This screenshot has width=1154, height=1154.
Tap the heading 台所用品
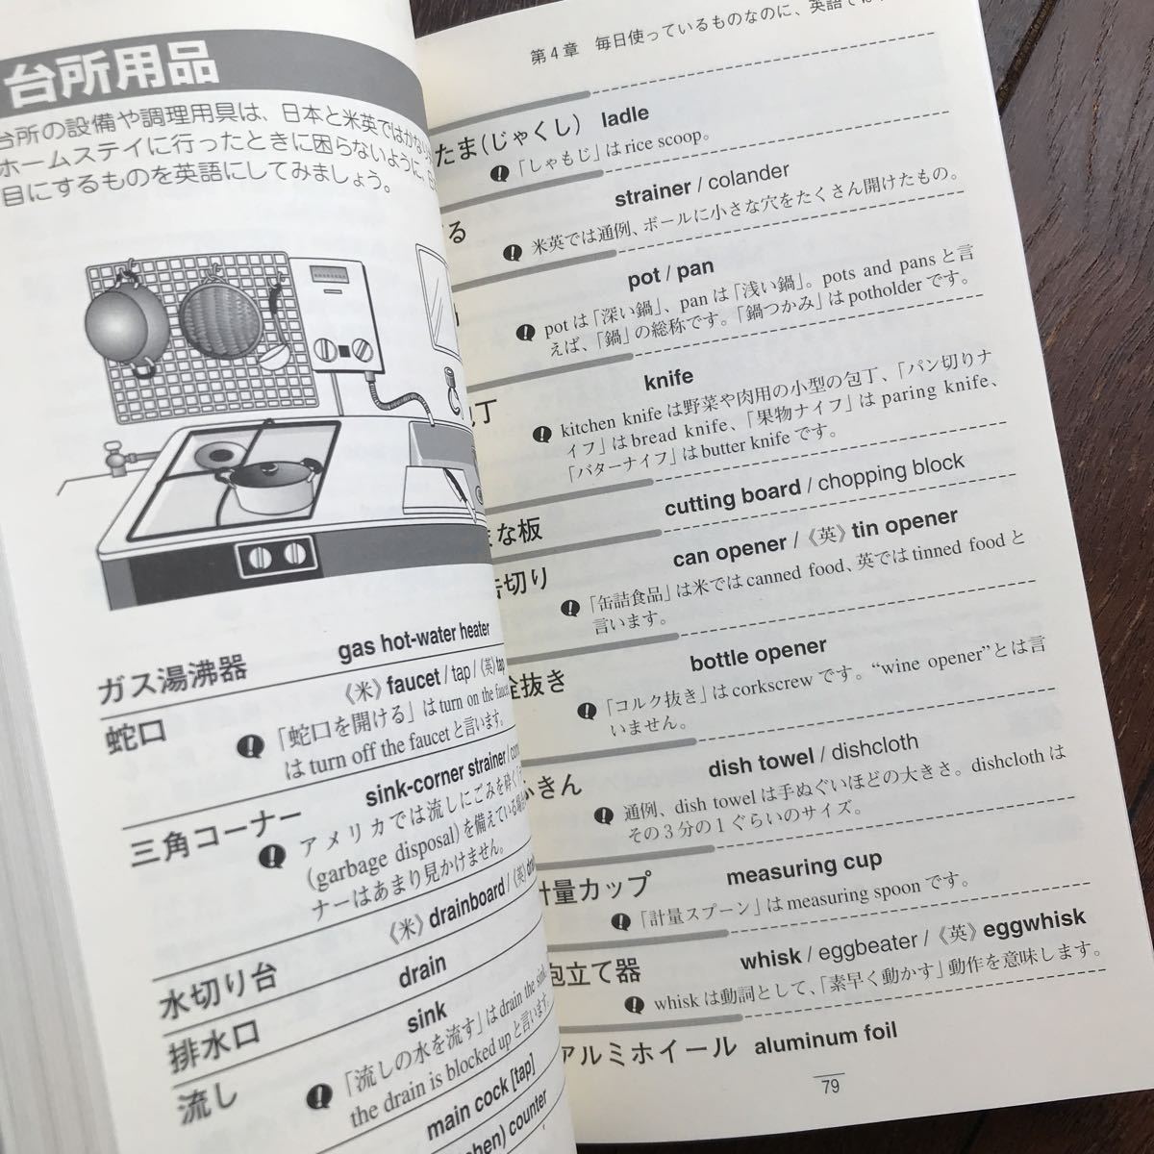tap(111, 82)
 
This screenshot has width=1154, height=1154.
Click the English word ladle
tap(624, 117)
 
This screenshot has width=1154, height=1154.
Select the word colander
tap(744, 177)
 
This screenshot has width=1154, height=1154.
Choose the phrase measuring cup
tap(803, 867)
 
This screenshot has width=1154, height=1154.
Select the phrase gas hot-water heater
tap(414, 642)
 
